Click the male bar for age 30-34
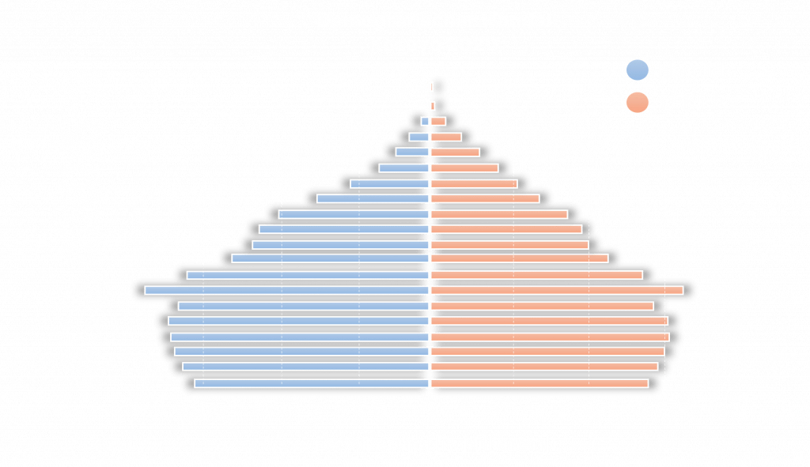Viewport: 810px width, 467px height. (x=286, y=291)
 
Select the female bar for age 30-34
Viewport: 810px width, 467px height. (x=557, y=291)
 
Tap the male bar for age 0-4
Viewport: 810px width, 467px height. (x=312, y=383)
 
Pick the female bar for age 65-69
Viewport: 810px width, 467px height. (x=474, y=183)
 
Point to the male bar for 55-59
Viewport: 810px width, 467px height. (x=354, y=214)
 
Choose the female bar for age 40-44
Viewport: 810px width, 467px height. (x=520, y=260)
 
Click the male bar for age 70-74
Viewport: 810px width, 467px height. (x=403, y=168)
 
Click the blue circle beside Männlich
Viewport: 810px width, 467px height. (x=637, y=71)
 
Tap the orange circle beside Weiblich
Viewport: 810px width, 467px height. (x=637, y=103)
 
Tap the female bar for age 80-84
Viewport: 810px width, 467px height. (x=446, y=137)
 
